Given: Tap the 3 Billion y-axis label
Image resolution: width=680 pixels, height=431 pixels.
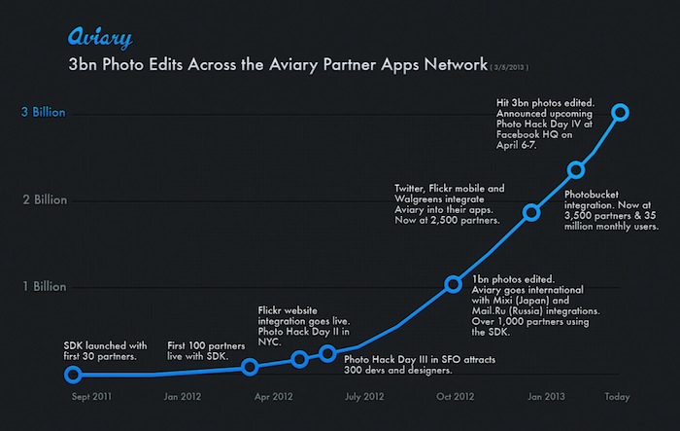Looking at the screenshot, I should pyautogui.click(x=43, y=113).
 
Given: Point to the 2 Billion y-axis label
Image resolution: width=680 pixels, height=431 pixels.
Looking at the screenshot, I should pyautogui.click(x=43, y=200).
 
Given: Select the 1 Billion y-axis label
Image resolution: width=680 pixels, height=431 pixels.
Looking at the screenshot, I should pyautogui.click(x=43, y=287).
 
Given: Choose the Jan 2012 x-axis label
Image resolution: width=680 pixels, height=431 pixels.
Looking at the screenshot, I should pyautogui.click(x=183, y=396).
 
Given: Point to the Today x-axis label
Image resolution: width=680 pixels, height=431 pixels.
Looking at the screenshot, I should pyautogui.click(x=619, y=396).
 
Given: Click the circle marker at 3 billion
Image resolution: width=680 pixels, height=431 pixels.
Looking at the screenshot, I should pyautogui.click(x=621, y=113).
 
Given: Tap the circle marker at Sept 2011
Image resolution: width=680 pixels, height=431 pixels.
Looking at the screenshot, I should pyautogui.click(x=73, y=374).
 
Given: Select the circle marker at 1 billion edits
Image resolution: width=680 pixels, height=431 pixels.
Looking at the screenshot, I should pyautogui.click(x=453, y=284).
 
